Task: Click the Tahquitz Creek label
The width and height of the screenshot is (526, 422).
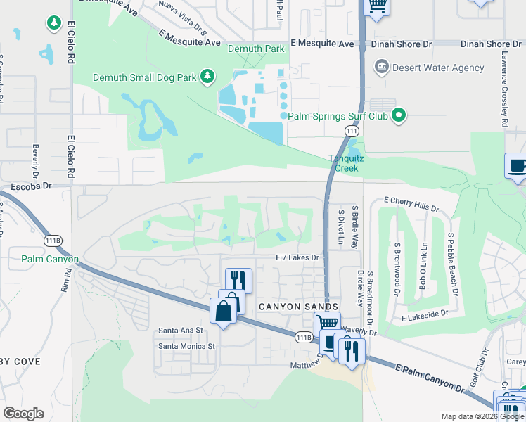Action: (345, 164)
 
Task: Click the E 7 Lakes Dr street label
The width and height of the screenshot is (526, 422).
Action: (297, 258)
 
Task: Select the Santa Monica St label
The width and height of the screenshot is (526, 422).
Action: (186, 346)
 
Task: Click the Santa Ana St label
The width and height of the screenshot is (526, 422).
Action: (181, 330)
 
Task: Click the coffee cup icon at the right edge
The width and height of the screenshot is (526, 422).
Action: (518, 166)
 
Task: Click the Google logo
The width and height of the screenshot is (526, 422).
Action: (23, 414)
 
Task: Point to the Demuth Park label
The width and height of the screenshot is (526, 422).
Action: (256, 49)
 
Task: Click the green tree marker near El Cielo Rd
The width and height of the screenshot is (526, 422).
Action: (54, 23)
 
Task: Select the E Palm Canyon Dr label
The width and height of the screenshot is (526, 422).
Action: (430, 378)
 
